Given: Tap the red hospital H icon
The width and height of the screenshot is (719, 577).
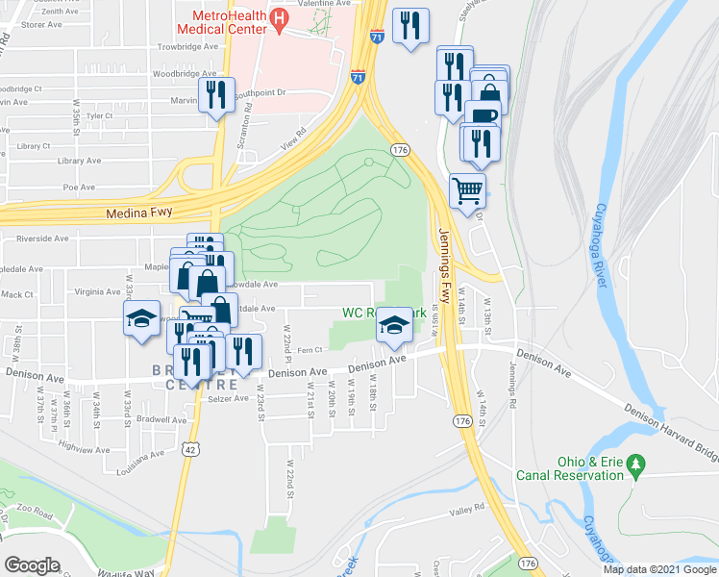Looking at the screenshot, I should click(279, 17).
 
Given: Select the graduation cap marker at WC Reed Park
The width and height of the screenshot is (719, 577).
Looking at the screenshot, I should click(393, 324).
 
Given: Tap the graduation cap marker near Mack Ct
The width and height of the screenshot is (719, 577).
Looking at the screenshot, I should click(141, 318).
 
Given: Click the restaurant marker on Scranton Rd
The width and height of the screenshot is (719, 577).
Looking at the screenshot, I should click(216, 94).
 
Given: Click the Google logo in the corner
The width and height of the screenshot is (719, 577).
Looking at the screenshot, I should click(33, 564).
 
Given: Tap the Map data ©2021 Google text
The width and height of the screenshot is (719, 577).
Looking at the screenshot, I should click(659, 569).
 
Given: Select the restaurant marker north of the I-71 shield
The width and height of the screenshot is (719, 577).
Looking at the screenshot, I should click(410, 27).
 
